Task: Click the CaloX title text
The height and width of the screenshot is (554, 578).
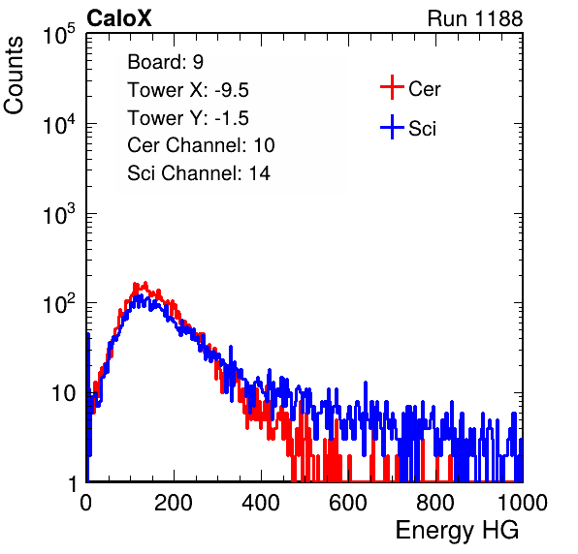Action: pos(119,18)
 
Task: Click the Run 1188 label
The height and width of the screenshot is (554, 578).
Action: pos(475,18)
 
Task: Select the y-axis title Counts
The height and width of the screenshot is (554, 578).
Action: pos(14,76)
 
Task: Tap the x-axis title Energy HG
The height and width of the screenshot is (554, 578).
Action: pos(457,531)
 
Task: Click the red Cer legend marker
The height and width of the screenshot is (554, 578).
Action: pos(392,87)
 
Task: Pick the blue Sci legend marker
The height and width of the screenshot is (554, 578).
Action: pos(392,128)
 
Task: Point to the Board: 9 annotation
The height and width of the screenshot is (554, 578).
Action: pos(165,62)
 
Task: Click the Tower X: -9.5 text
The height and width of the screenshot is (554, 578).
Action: pos(188,90)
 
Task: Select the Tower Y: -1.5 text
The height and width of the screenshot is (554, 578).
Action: pos(188,118)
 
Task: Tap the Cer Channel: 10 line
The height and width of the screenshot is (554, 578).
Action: pos(201,145)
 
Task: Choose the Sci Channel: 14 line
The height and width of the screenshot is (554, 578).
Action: pos(199,173)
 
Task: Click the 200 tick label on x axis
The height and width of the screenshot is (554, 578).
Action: pos(174,503)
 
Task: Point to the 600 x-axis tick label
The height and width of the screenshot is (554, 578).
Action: pos(348,503)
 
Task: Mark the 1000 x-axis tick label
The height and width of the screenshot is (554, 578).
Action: pos(523,503)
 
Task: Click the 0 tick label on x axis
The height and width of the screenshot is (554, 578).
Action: pos(86,503)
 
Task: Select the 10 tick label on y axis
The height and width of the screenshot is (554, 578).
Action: pos(64,393)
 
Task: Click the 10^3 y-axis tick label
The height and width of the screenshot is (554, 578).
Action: pos(59,214)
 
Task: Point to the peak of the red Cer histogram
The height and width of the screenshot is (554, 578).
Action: pos(145,283)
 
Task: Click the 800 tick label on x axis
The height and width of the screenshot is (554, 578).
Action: pos(435,503)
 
